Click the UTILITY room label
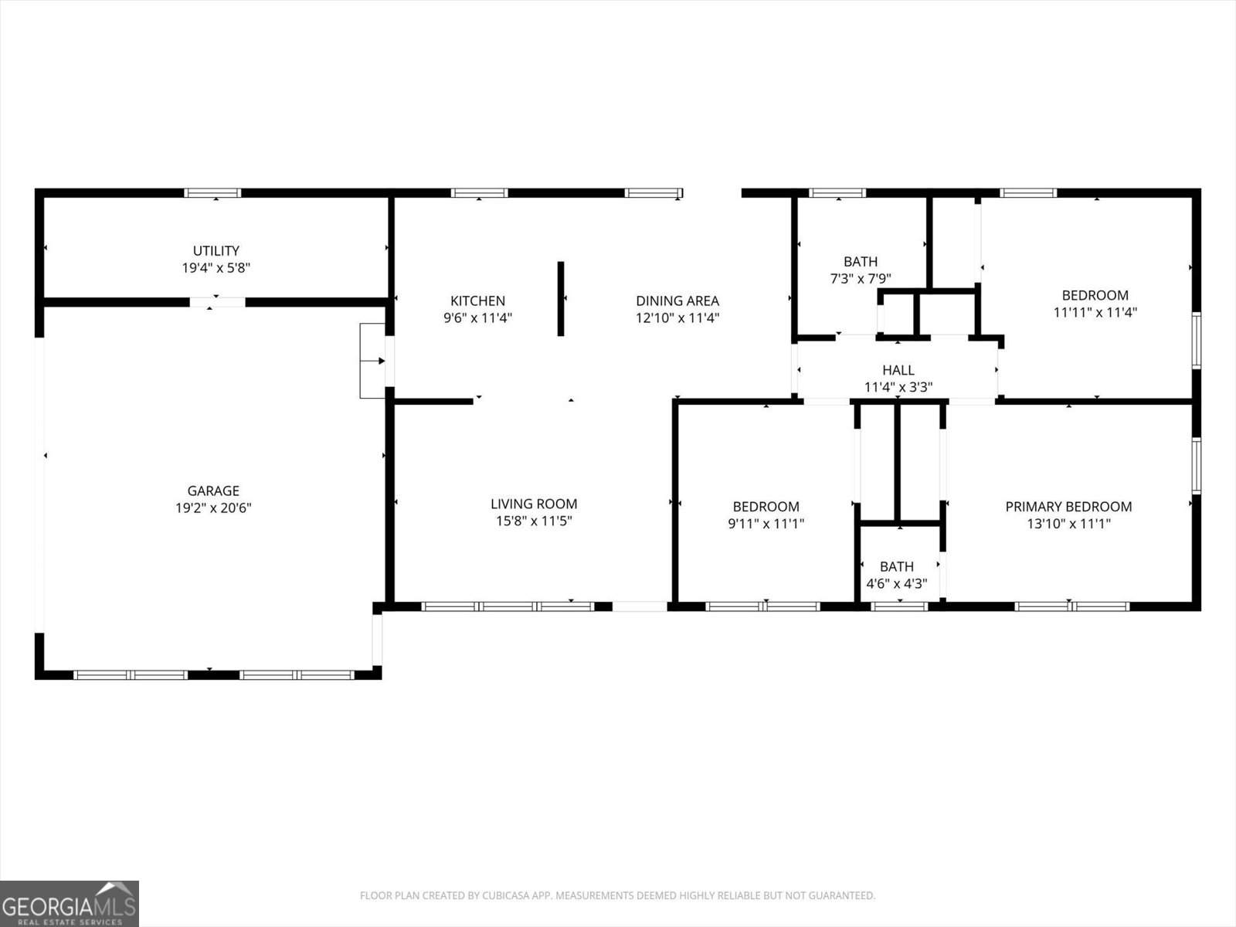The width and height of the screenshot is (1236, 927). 216,250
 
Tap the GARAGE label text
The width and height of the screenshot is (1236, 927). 213,491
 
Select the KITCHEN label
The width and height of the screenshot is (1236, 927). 477,301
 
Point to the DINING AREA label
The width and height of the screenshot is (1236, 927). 677,301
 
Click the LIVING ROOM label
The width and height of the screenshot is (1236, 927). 534,504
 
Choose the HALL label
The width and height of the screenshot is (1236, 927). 898,370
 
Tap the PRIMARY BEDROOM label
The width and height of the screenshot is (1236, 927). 1069,507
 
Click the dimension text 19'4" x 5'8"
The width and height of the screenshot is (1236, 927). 216,267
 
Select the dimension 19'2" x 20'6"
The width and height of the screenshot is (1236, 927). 213,508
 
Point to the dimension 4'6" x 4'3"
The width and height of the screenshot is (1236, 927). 896,584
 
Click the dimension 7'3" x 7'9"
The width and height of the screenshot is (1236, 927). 861,279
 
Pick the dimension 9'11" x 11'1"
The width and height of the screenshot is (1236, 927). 766,524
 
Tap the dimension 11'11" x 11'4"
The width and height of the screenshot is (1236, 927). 1095,312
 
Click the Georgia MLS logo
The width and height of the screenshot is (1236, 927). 70,903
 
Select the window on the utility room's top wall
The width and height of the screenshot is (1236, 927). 213,193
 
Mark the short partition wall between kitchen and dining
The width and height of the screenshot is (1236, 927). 561,298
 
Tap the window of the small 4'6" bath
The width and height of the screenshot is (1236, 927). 899,606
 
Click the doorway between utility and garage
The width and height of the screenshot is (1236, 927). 217,302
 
